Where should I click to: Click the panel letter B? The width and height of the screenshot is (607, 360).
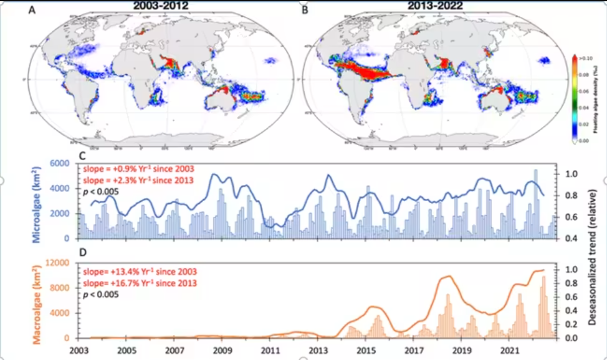(x=305, y=10)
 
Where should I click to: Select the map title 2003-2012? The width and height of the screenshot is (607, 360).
(x=163, y=6)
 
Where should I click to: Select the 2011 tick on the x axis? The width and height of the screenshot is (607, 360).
(x=270, y=350)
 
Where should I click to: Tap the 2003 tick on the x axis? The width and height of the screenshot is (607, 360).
(x=79, y=350)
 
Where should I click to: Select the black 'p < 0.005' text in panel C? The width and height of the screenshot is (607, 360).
(x=100, y=191)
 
